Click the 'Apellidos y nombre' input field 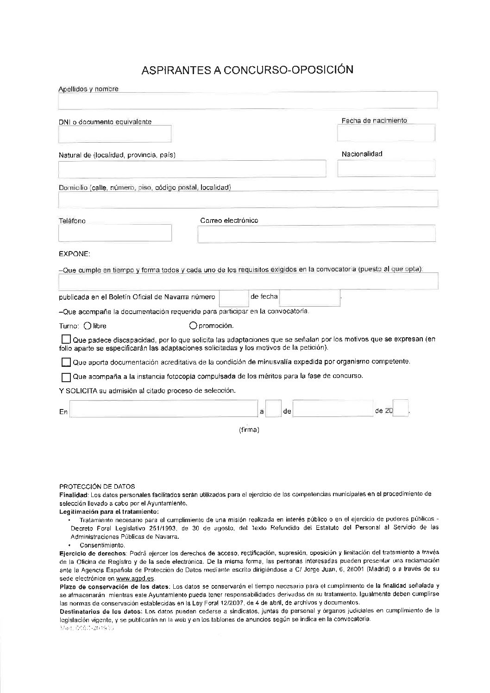248,100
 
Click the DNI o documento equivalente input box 115,134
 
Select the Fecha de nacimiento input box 386,133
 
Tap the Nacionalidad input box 386,168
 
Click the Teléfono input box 115,233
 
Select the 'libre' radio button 88,326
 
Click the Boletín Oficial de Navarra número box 233,297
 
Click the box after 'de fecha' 309,297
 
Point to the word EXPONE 75,254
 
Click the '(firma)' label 249,430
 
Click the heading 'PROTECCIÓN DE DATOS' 97,486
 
